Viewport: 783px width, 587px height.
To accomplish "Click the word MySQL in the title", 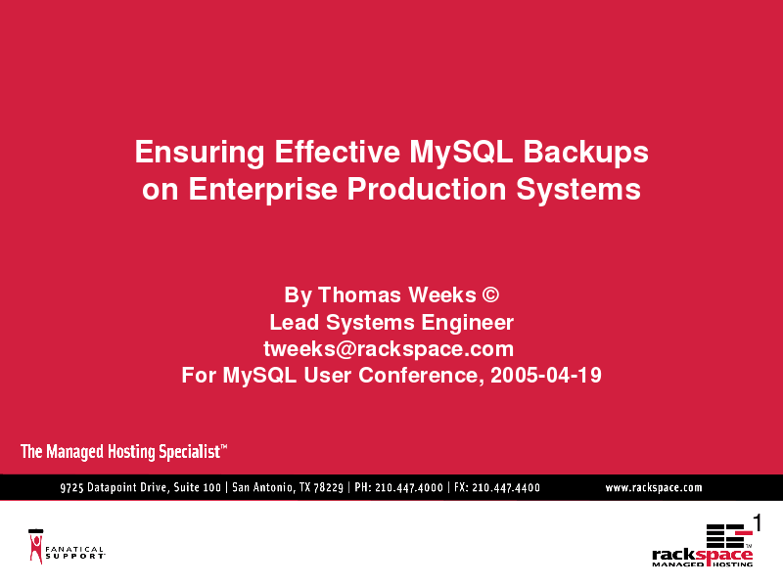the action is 461,153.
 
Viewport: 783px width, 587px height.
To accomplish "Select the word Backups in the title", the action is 585,153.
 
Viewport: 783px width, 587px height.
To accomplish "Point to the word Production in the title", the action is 427,189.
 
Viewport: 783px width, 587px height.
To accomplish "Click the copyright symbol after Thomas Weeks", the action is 490,294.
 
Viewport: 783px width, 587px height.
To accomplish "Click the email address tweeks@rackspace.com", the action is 389,349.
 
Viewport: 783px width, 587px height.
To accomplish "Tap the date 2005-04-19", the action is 546,376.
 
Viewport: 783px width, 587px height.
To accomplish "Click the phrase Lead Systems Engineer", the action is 391,323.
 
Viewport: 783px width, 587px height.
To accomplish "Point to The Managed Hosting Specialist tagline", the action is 124,451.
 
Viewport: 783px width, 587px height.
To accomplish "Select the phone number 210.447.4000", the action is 409,487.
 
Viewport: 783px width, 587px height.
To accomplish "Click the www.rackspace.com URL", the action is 654,487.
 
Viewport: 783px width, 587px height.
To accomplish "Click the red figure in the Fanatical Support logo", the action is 36,548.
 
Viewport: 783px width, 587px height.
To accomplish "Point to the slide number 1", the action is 757,523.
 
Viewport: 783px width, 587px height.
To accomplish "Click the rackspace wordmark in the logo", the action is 702,555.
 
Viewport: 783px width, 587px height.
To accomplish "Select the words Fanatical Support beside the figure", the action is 75,553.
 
